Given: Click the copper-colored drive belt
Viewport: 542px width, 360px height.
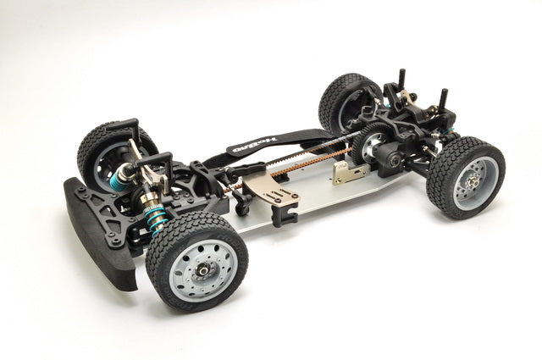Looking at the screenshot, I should click(296, 162).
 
